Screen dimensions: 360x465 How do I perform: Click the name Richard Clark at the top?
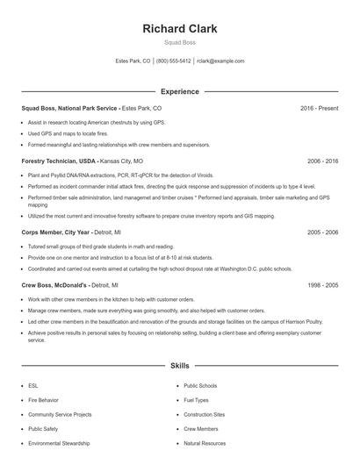coord(179,29)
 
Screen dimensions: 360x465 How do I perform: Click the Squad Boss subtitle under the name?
coord(179,43)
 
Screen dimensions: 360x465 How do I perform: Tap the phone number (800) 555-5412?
coord(174,61)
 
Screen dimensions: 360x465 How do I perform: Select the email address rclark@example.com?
coord(220,61)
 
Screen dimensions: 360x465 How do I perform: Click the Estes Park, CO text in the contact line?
coord(133,61)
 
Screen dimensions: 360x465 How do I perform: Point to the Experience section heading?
coord(179,91)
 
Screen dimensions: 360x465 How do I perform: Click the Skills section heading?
coord(179,364)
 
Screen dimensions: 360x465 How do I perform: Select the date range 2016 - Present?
coord(319,108)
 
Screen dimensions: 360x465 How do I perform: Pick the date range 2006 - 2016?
coord(322,161)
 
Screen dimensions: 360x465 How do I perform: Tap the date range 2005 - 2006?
coord(322,232)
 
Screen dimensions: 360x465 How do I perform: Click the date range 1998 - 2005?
coord(322,285)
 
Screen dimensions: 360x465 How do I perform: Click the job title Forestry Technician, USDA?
coord(58,161)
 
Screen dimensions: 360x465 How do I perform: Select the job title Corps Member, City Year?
coord(54,232)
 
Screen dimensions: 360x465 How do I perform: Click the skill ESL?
coord(33,385)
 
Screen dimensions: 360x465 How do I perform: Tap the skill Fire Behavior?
coord(43,400)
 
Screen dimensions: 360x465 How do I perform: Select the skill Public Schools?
coord(200,385)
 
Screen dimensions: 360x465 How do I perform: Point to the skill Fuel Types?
coord(196,400)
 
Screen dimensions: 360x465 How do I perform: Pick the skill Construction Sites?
coord(204,414)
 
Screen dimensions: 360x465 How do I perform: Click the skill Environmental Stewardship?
coord(59,444)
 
